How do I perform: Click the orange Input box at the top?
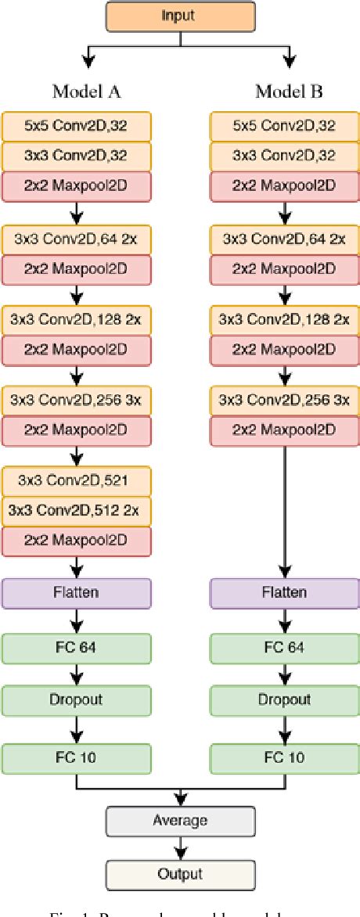179,16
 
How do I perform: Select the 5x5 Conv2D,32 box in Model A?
76,126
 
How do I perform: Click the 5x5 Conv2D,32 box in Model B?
284,126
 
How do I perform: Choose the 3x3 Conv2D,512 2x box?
76,510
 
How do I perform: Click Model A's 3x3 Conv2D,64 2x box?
76,239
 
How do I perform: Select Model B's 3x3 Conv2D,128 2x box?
284,320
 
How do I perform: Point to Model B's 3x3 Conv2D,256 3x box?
284,400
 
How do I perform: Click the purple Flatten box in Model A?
76,592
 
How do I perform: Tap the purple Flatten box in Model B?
284,592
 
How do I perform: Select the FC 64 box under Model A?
76,647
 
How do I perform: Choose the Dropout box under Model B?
284,700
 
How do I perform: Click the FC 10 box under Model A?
76,757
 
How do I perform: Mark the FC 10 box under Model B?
284,757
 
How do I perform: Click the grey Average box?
179,821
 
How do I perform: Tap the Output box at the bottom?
179,874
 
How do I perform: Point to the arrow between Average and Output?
180,847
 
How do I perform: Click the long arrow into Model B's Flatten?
284,509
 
